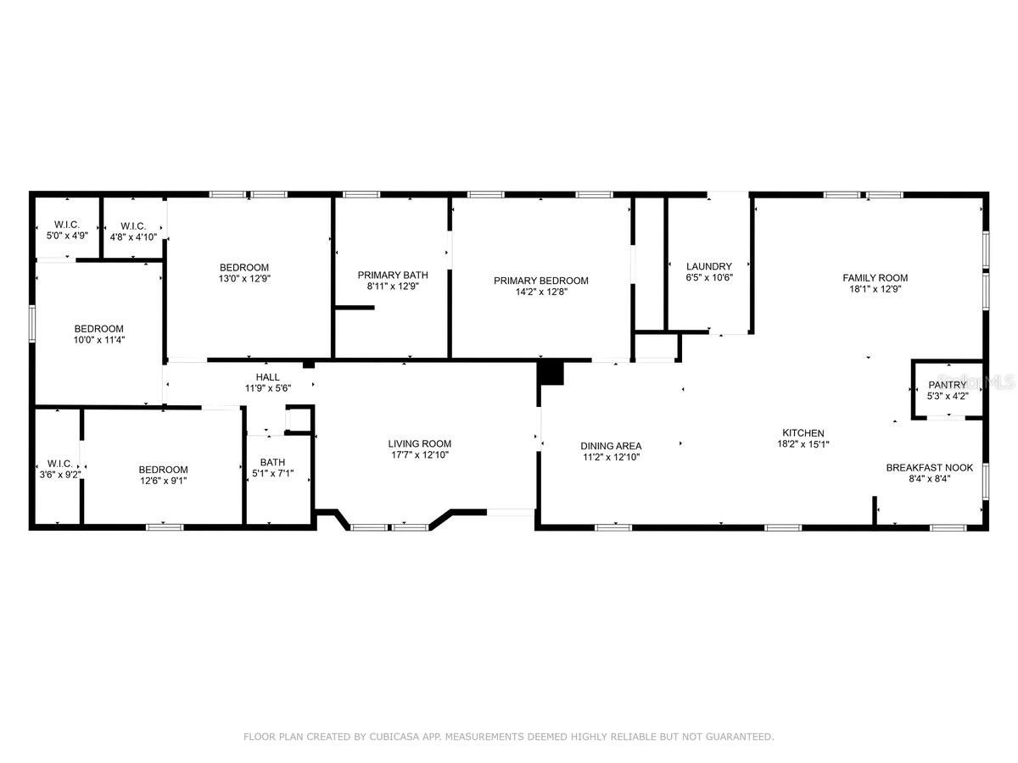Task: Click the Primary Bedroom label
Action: pos(541,281)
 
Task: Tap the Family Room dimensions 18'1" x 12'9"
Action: pos(875,288)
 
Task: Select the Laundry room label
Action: pos(708,266)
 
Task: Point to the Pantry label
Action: pos(947,385)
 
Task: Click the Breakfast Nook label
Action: pos(929,467)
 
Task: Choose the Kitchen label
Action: pos(803,433)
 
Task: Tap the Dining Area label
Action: pos(611,446)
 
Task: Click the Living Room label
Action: pos(419,443)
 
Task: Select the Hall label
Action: pos(267,377)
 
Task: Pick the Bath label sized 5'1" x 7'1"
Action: pos(273,462)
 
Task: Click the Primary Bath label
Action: pos(392,275)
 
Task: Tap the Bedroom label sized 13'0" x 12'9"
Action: pos(244,267)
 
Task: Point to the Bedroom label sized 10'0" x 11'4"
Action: pos(98,329)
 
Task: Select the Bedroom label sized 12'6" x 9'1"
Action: pos(163,470)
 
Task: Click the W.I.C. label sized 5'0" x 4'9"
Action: pos(66,224)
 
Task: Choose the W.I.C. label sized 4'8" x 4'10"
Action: pos(133,226)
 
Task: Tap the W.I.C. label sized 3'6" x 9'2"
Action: pos(59,464)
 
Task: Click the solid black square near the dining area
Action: pos(551,373)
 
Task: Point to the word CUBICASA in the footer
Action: pos(402,737)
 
